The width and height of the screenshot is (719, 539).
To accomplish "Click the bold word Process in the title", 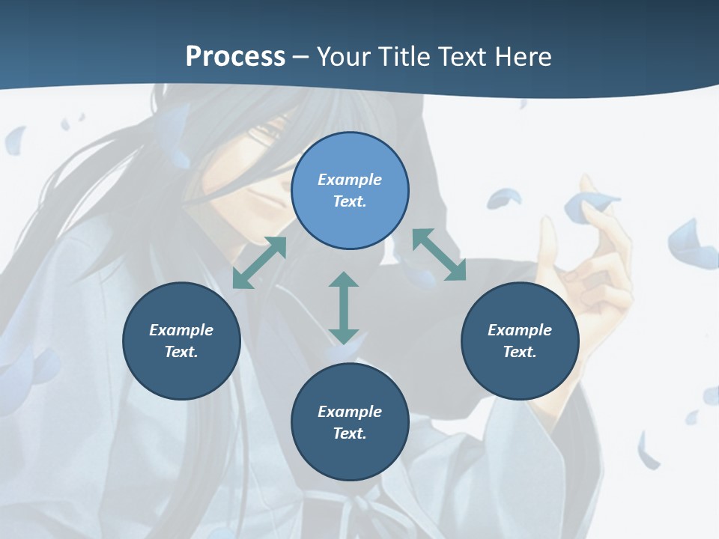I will [x=235, y=57].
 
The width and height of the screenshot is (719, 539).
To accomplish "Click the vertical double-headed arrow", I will [x=344, y=308].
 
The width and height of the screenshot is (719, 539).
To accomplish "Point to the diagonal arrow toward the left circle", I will [x=259, y=263].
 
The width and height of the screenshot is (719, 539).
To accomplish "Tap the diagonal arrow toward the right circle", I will [x=440, y=255].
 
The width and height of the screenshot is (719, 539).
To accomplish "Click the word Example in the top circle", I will [x=350, y=180].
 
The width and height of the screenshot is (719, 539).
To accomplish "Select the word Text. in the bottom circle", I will [x=350, y=433].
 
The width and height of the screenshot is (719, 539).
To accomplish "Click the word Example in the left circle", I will [x=181, y=330].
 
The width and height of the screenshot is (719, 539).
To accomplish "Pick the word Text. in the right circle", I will [x=520, y=352].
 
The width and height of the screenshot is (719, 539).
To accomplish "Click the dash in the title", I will [x=300, y=57].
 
